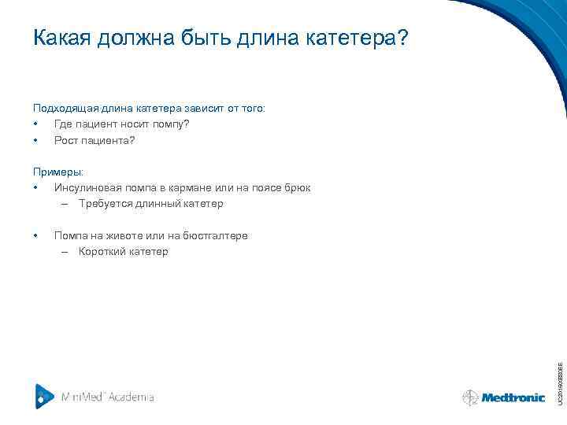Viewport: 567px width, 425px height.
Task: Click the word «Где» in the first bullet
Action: tap(64, 124)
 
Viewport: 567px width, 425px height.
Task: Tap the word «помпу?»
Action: tap(170, 124)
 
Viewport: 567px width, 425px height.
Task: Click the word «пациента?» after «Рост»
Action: tap(109, 140)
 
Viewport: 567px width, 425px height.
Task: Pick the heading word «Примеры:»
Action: tap(57, 172)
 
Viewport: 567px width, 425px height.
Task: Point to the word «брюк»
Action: tap(296, 188)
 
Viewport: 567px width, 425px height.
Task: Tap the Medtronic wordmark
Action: tap(513, 398)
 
